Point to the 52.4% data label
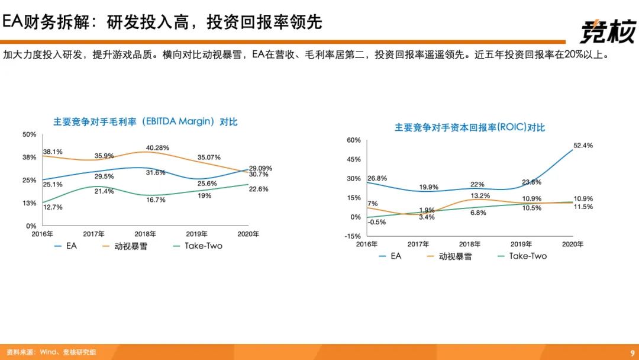(583, 145)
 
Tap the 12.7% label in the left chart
(53, 207)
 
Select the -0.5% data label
(376, 222)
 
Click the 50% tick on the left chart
(29, 134)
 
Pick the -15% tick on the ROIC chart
(354, 236)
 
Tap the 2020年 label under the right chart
(572, 244)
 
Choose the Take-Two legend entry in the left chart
(197, 245)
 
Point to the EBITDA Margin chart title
(146, 122)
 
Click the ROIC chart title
(470, 127)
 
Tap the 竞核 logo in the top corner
(606, 31)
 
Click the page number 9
(631, 352)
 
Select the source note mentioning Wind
(51, 352)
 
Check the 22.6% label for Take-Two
(259, 189)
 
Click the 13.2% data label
(480, 196)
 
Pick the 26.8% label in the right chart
(377, 178)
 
